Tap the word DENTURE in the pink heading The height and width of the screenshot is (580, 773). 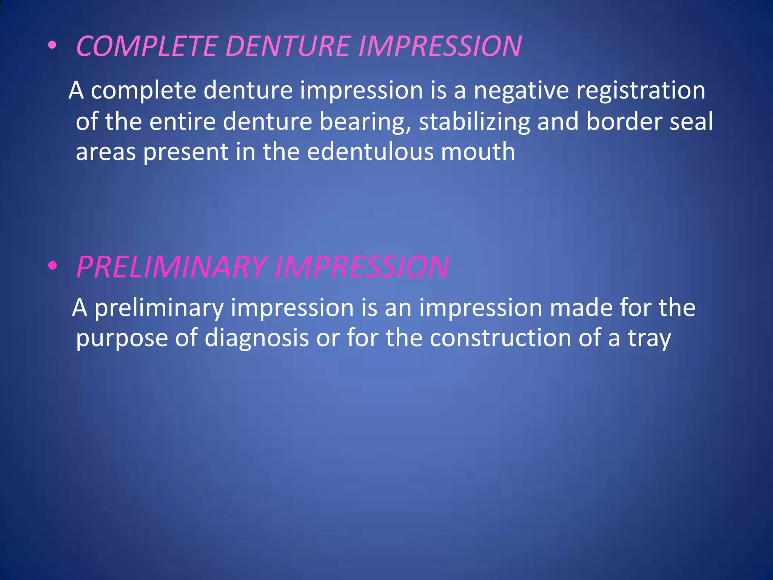[288, 46]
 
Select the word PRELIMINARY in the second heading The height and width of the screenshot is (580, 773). [172, 267]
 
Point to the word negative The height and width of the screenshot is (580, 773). [521, 91]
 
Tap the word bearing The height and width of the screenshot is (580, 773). [365, 122]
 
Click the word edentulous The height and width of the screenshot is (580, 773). [370, 152]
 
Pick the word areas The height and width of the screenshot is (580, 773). [106, 152]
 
